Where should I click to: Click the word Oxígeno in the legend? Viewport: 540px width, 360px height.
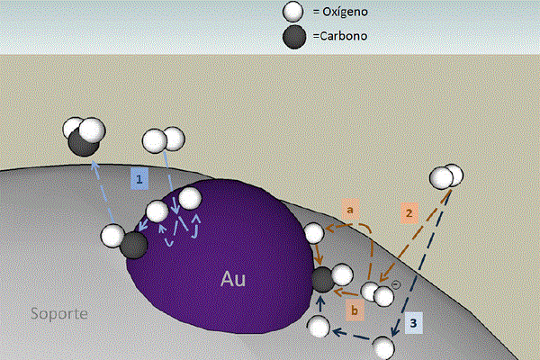point(345,12)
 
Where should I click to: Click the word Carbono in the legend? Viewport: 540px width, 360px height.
point(344,36)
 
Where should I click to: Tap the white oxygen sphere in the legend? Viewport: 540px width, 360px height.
point(292,12)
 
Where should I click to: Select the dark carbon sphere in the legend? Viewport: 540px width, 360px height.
point(294,37)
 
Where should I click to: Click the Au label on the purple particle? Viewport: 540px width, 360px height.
point(233,279)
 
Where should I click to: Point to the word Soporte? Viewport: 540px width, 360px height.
point(58,313)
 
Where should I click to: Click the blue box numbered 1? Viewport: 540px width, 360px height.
point(139,179)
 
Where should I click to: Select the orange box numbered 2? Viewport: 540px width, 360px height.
point(409,213)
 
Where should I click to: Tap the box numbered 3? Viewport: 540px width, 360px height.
point(413,323)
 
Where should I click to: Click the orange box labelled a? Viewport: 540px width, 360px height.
point(350,210)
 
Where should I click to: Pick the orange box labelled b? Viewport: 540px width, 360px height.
point(355,310)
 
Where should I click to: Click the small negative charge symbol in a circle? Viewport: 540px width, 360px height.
point(396,285)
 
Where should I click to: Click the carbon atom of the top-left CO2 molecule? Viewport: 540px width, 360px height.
point(84,143)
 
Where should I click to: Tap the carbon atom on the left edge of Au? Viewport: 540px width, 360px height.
point(134,246)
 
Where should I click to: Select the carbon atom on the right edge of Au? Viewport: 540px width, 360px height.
point(323,280)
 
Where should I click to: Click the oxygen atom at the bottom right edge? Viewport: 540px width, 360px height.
point(383,348)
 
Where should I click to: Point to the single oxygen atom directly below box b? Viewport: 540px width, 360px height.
point(319,327)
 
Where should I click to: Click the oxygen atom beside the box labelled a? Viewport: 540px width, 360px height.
point(314,233)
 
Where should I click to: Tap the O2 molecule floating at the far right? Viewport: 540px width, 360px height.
point(446,176)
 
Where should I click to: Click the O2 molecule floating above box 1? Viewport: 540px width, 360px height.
point(164,139)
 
